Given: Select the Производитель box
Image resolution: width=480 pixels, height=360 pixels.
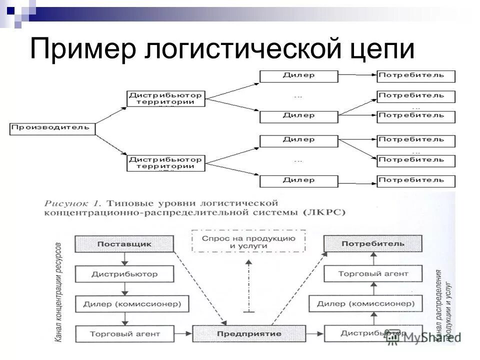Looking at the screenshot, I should coord(52,127).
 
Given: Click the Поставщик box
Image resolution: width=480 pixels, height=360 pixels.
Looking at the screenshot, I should coord(124,243).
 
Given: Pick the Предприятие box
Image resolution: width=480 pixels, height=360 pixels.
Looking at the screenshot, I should coord(249,333).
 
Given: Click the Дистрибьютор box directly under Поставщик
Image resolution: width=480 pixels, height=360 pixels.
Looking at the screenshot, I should coord(124,273).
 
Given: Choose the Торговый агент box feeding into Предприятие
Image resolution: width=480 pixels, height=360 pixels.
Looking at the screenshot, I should coord(124,333).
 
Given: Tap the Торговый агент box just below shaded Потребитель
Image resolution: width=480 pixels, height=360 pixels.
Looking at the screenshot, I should coord(373,273).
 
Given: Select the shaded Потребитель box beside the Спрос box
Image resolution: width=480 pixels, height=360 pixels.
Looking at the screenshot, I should coord(373,243).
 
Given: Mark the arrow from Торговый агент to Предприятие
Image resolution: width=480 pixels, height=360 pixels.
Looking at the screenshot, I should coord(183,333).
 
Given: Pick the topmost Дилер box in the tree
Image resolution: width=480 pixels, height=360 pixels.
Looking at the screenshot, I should coord(298,76).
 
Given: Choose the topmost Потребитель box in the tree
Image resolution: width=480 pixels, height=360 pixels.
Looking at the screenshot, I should coord(415,76).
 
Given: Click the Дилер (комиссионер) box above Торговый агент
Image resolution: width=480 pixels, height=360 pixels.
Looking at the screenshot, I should coord(124,303).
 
